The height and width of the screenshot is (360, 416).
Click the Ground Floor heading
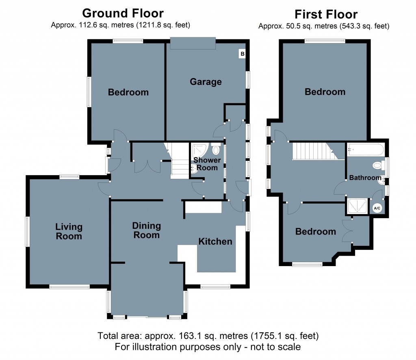tap(123, 13)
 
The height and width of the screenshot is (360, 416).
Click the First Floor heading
tap(326, 15)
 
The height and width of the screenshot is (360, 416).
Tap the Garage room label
tap(206, 82)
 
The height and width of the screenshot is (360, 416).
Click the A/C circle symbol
tap(377, 208)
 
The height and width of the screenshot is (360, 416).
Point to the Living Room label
tap(69, 231)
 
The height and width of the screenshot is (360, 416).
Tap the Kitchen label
tap(215, 241)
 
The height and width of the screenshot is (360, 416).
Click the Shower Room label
tap(207, 163)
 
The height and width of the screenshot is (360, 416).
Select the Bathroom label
tap(365, 178)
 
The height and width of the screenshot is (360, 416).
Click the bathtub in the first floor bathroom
tap(365, 150)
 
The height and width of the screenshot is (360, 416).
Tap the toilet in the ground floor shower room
tap(216, 150)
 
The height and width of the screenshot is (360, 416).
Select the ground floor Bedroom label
tap(128, 92)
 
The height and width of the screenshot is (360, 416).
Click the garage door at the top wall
tap(193, 43)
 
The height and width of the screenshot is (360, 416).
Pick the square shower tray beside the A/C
tap(357, 206)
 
